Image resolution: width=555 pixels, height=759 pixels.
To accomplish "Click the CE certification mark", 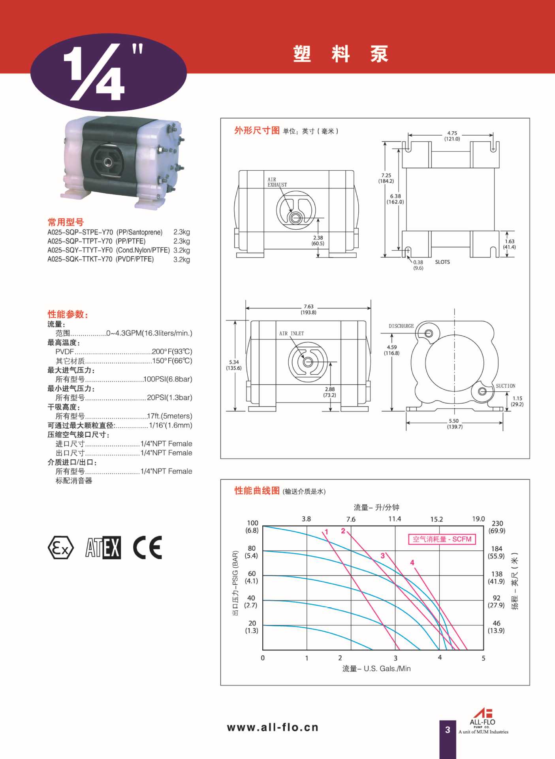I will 147,548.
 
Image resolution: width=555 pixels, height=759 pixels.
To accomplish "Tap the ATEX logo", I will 103,548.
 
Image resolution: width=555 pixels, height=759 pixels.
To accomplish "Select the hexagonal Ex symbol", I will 60,548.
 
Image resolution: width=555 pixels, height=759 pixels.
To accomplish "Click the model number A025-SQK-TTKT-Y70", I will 80,259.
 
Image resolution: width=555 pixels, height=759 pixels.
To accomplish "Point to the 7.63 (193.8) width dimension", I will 309,309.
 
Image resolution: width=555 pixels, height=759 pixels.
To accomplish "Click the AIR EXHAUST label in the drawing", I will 277,182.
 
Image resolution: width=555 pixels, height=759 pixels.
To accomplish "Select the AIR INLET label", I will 292,334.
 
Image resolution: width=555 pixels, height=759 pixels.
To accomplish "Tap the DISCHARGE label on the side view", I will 401,326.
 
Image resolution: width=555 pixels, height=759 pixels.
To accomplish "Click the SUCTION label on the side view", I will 505,386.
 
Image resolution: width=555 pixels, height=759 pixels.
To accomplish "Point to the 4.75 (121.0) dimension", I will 452,136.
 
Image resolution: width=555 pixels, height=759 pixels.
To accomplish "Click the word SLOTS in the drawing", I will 442,262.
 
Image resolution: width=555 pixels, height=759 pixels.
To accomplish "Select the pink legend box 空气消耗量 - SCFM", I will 442,539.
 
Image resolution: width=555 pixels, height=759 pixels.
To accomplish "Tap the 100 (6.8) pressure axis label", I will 252,527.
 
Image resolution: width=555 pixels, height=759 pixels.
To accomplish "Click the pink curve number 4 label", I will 412,562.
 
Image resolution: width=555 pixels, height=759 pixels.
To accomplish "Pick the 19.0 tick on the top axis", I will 478,519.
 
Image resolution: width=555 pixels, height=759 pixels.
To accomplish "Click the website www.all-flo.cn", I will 273,727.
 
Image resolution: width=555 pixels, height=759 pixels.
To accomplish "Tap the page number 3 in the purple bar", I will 448,730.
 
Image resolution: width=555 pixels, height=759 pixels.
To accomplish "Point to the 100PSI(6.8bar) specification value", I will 168,379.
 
